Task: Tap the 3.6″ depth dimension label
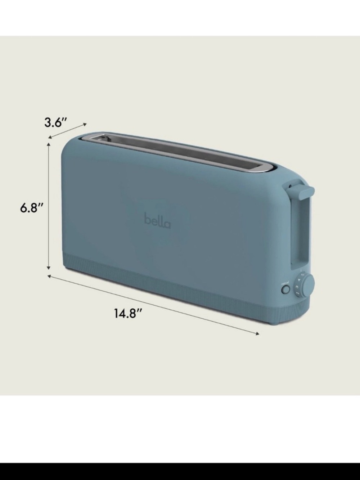[x=56, y=122]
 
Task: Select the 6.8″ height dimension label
[x=32, y=208]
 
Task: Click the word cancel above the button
[x=285, y=283]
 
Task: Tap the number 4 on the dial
[x=300, y=279]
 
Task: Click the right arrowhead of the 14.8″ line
[x=257, y=334]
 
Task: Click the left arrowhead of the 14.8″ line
[x=49, y=276]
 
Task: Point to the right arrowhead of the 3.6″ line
[x=85, y=124]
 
